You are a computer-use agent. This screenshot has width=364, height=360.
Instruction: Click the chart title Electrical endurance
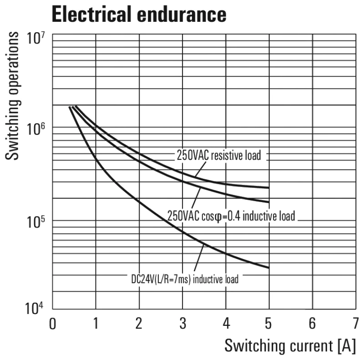(x=139, y=15)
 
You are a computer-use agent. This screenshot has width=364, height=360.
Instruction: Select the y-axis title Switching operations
(x=14, y=96)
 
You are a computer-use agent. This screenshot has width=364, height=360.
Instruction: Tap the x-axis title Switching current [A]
(x=290, y=345)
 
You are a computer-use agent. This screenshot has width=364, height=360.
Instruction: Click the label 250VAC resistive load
(x=219, y=155)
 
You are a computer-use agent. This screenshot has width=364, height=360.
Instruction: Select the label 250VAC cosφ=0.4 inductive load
(x=232, y=215)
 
